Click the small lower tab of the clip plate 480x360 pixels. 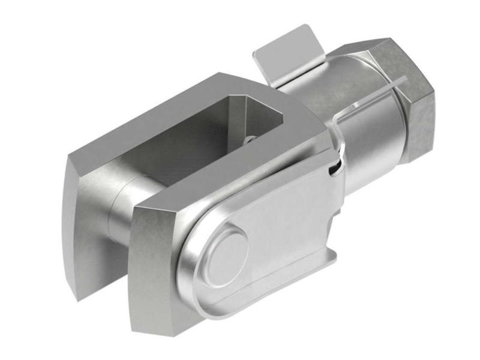click(329, 255)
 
